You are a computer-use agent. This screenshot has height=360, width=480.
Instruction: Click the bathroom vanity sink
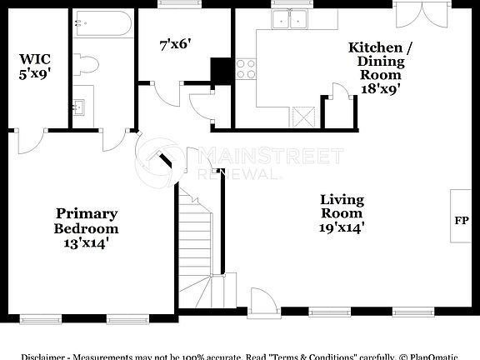[81, 106]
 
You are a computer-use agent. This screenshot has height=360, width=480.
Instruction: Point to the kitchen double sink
[290, 18]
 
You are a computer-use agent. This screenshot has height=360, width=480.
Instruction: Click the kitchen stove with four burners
[245, 69]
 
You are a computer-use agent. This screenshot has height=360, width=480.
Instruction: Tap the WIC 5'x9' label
[36, 67]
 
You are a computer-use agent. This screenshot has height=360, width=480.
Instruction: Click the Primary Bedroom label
[86, 221]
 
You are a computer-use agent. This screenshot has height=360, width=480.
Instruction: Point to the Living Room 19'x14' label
[342, 212]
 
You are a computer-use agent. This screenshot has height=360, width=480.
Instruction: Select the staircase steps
[197, 242]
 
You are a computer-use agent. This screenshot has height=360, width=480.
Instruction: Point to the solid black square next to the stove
[222, 70]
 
